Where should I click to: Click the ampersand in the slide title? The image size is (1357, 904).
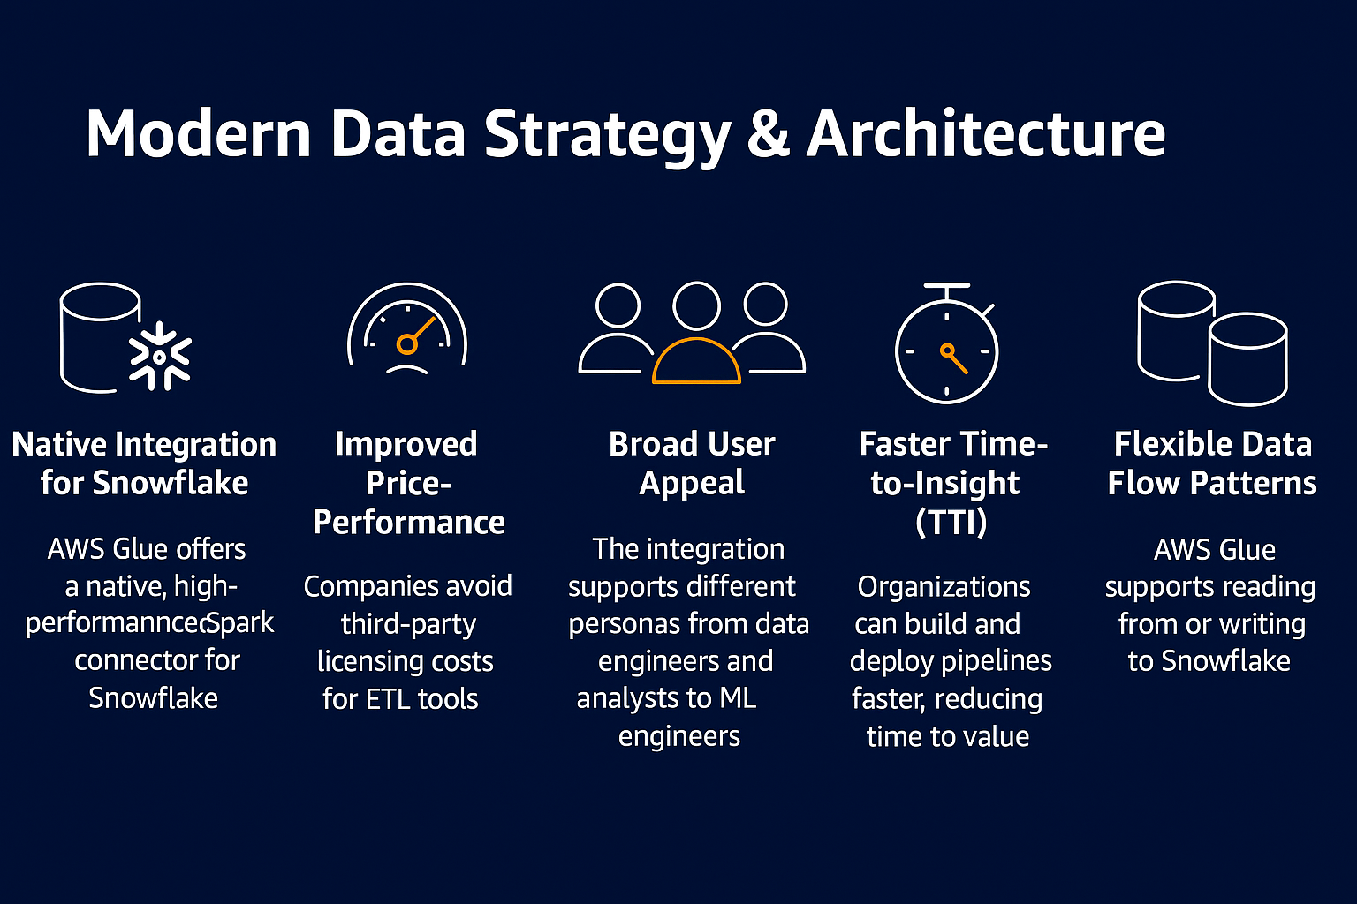pyautogui.click(x=769, y=134)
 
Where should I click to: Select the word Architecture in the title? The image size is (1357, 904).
pyautogui.click(x=986, y=133)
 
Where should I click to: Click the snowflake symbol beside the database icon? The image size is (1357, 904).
pyautogui.click(x=160, y=356)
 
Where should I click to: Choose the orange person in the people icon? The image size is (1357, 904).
pyautogui.click(x=696, y=361)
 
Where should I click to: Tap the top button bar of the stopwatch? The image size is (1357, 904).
pyautogui.click(x=947, y=285)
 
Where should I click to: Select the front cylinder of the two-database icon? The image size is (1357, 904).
pyautogui.click(x=1248, y=359)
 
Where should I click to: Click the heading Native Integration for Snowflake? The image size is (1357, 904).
pyautogui.click(x=144, y=463)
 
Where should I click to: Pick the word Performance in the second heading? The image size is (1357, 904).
pyautogui.click(x=408, y=522)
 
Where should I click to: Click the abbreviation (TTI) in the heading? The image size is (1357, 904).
pyautogui.click(x=951, y=522)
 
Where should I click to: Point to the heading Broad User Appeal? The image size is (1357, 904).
pyautogui.click(x=692, y=463)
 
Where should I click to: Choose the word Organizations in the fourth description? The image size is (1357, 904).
pyautogui.click(x=944, y=587)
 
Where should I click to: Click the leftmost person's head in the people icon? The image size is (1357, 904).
pyautogui.click(x=618, y=305)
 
